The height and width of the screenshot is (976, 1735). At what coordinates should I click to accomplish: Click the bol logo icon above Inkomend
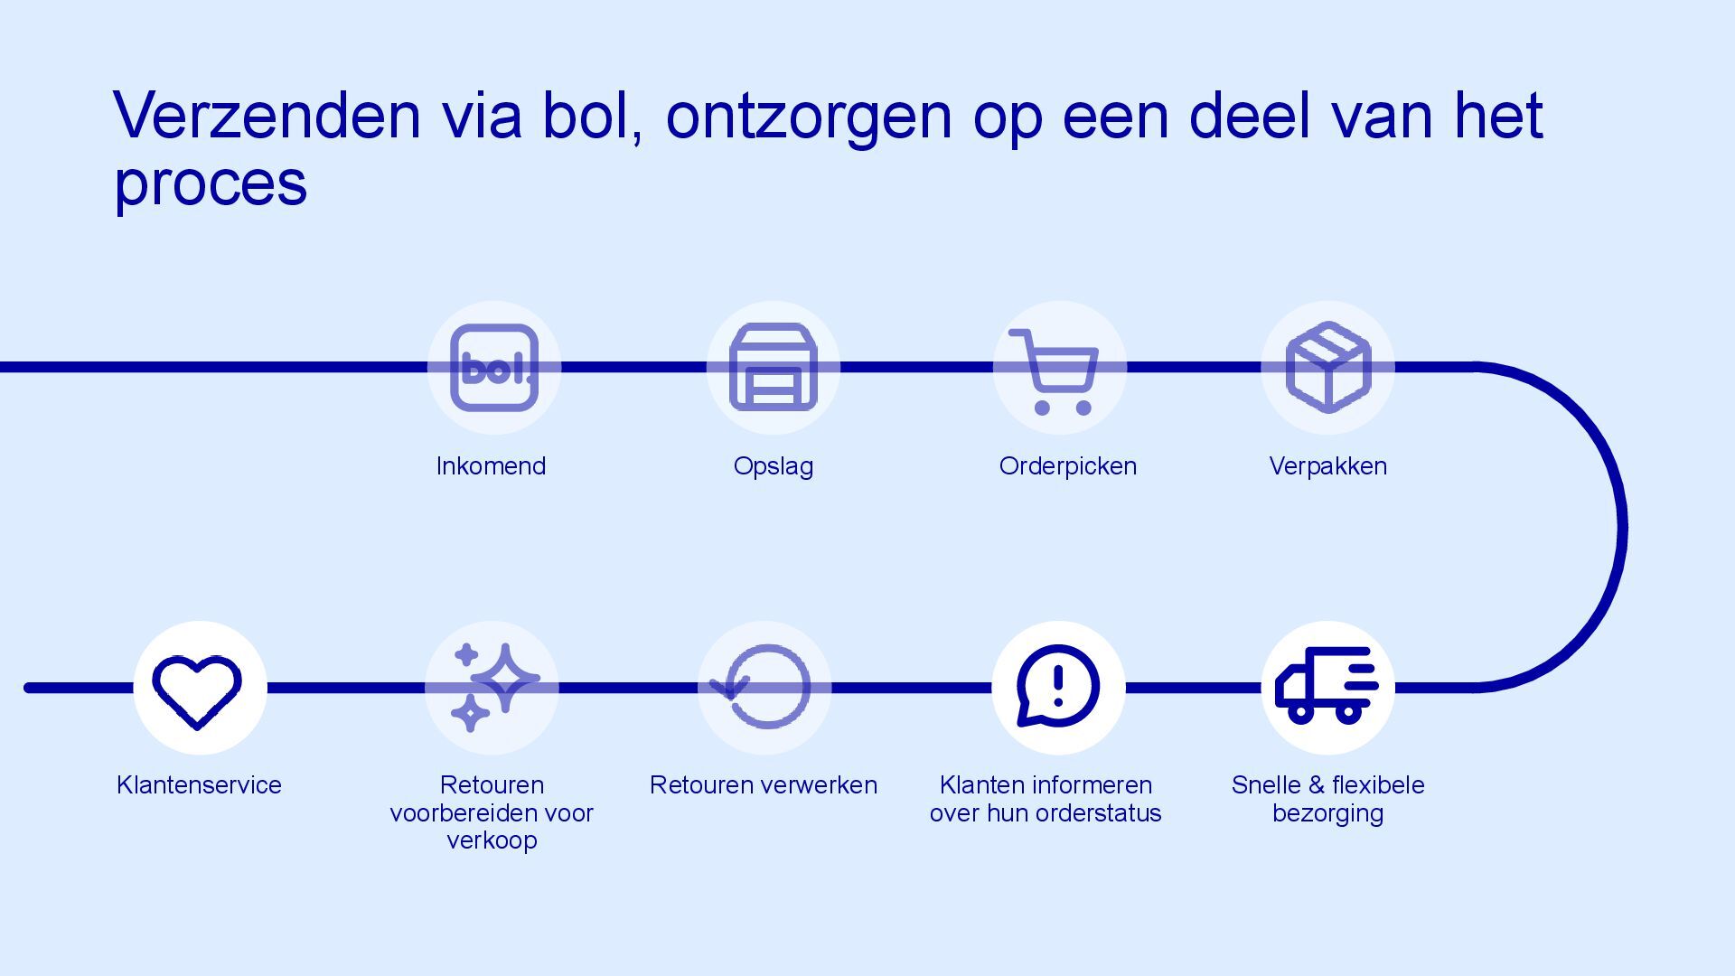coord(493,368)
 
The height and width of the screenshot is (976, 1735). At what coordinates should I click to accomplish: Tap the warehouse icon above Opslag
coord(773,368)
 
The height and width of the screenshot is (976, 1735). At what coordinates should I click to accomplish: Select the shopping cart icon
coord(1058,370)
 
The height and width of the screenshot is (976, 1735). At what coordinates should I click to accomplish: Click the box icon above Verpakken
coord(1327,368)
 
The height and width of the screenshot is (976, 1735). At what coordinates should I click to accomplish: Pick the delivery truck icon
coord(1327,686)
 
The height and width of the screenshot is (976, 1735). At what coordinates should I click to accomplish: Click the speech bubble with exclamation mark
coord(1057,686)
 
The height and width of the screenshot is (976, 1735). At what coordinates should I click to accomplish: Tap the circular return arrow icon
coord(764,687)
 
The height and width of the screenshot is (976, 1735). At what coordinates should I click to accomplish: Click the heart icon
coord(198,689)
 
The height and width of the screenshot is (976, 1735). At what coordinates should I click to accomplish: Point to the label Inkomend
coord(491,466)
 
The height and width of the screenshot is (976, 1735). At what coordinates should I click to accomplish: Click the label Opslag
coord(773,467)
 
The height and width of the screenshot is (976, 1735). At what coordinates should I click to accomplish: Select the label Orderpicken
coord(1067,466)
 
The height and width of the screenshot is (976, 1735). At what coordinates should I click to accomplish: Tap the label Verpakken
coord(1327,466)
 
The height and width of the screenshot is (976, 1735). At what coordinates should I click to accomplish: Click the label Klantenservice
coord(199,785)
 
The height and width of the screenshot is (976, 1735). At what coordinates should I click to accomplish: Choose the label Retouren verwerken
coord(764,785)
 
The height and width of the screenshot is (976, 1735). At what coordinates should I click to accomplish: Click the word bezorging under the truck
coord(1327,813)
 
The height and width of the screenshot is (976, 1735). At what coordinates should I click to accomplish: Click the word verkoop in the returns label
coord(492,840)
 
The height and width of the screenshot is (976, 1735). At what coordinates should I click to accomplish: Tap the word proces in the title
coord(211,184)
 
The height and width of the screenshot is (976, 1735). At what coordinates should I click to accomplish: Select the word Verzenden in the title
coord(267,116)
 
